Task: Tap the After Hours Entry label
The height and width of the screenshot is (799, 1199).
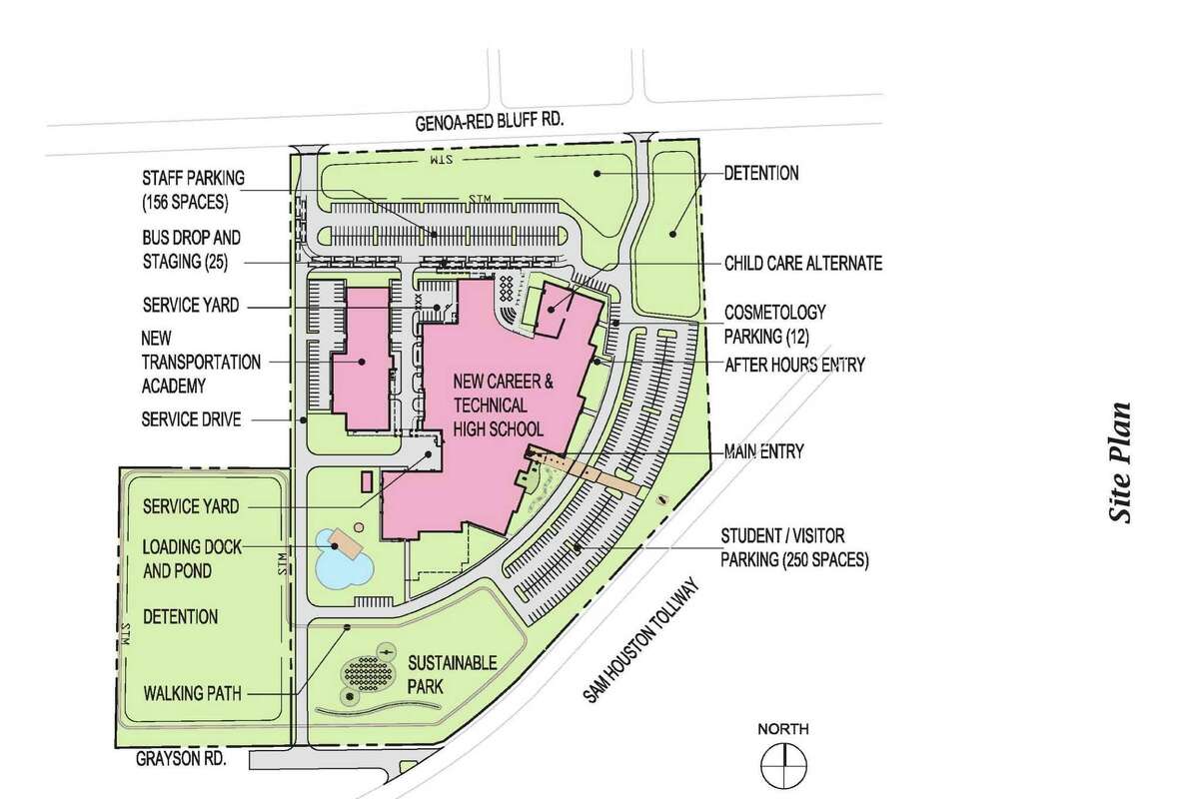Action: (x=795, y=366)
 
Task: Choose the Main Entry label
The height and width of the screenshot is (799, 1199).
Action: (x=764, y=451)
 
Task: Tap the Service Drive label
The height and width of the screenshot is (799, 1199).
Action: (x=191, y=419)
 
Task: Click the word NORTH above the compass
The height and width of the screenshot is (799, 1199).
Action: (x=782, y=728)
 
